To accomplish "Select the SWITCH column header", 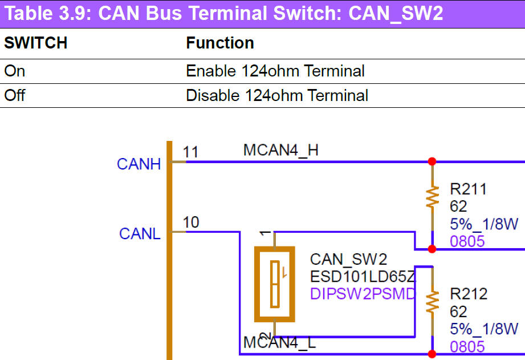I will pyautogui.click(x=35, y=43).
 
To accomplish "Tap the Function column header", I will pyautogui.click(x=220, y=43).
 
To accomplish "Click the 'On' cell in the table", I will pyautogui.click(x=15, y=71).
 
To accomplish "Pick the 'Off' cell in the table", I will pyautogui.click(x=15, y=95).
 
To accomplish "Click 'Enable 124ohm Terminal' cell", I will pyautogui.click(x=275, y=71).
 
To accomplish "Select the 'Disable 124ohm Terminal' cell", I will pyautogui.click(x=277, y=95).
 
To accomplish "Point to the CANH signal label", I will pyautogui.click(x=139, y=164).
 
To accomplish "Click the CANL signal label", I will pyautogui.click(x=140, y=234).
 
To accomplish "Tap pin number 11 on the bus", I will pyautogui.click(x=190, y=152).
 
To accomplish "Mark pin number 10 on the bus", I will pyautogui.click(x=191, y=222).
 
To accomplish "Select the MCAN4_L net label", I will pyautogui.click(x=279, y=343).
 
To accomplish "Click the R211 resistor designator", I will pyautogui.click(x=468, y=189).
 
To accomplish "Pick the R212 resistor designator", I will pyautogui.click(x=469, y=294).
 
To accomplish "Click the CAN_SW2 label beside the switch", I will pyautogui.click(x=348, y=260).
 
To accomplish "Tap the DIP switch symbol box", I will pyautogui.click(x=275, y=284).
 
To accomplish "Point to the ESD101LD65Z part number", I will pyautogui.click(x=363, y=277).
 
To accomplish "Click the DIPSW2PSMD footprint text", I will pyautogui.click(x=363, y=294).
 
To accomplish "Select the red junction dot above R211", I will pyautogui.click(x=432, y=161).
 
